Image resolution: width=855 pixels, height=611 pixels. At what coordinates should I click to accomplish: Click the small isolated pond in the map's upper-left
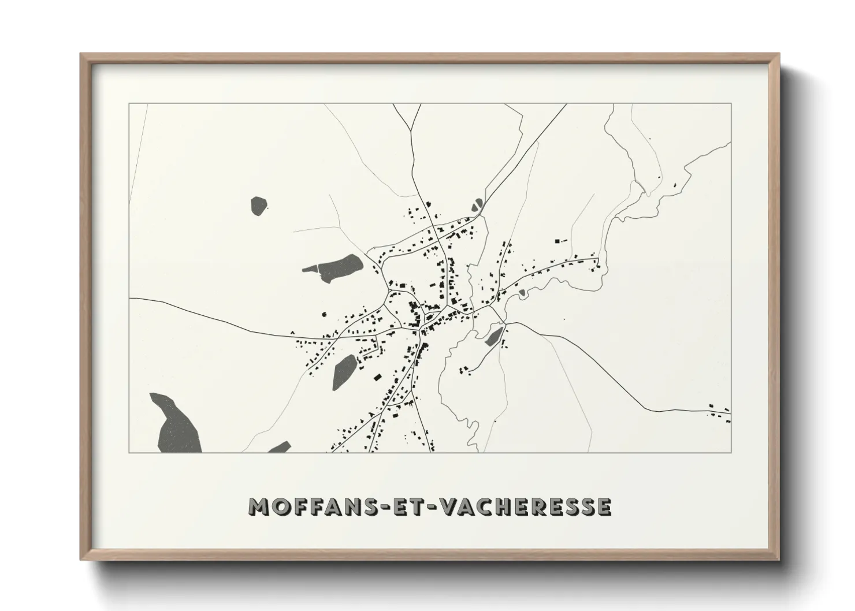[258, 206]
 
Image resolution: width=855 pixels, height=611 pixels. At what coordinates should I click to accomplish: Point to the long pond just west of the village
[336, 267]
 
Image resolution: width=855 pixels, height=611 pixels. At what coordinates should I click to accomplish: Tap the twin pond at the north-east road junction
[477, 205]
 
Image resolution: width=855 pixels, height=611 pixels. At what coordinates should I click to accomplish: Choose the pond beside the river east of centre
[494, 336]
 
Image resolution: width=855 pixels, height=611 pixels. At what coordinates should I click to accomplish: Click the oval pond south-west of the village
[344, 370]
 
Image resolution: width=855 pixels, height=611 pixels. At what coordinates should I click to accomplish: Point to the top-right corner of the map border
[731, 104]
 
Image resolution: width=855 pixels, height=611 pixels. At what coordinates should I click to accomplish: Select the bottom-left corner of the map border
[129, 452]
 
